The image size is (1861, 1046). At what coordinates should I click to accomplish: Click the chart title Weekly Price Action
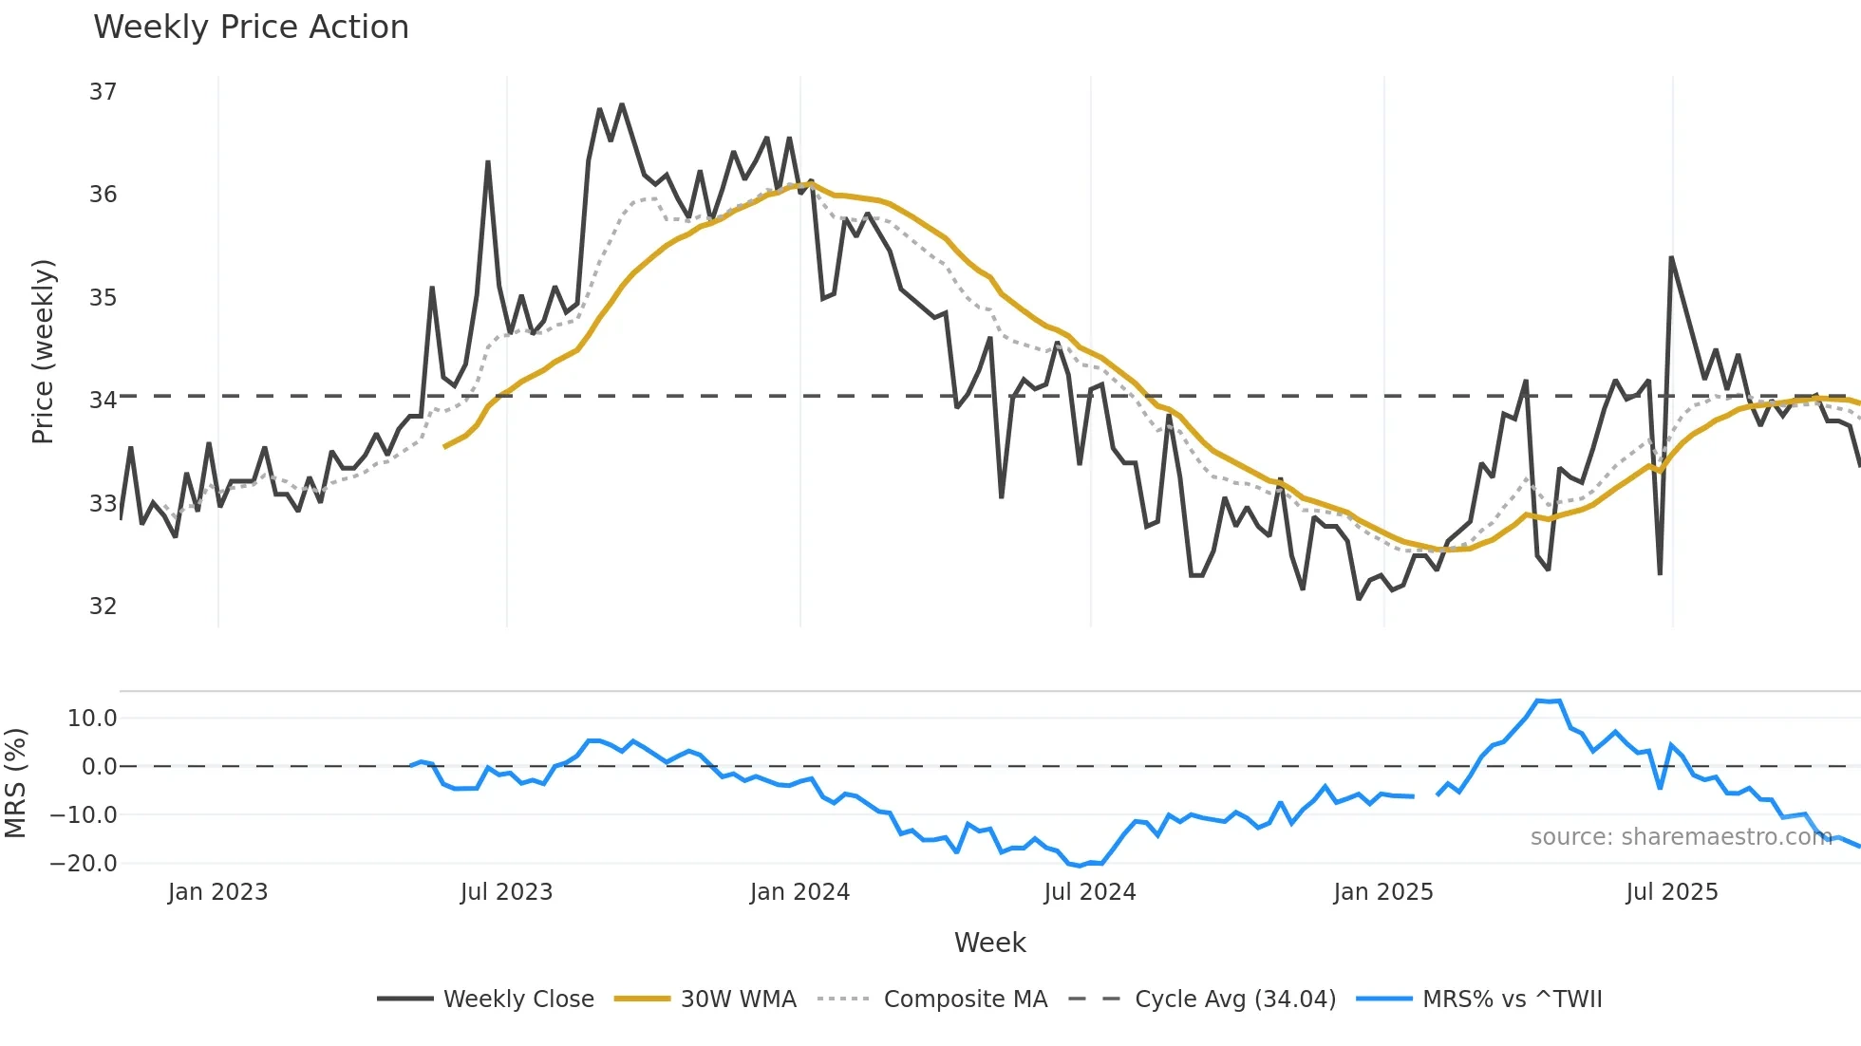[x=251, y=28]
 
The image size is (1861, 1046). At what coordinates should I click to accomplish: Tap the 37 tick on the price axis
[x=103, y=92]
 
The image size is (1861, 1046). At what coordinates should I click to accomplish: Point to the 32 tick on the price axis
[x=103, y=606]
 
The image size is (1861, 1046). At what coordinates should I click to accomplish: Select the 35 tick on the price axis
[x=103, y=298]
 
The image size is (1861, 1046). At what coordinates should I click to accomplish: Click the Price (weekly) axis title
[x=43, y=351]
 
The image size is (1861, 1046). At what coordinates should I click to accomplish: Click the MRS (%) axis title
[x=15, y=783]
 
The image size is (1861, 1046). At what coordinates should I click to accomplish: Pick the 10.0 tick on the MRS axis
[x=92, y=719]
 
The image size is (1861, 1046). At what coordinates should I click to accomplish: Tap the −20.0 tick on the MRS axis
[x=84, y=864]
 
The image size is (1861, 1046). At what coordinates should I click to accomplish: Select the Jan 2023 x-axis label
[x=217, y=892]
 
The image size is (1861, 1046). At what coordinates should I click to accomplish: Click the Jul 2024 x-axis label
[x=1089, y=892]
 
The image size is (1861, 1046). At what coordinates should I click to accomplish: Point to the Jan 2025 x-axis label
[x=1382, y=892]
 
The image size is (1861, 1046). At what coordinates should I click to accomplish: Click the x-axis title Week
[x=989, y=943]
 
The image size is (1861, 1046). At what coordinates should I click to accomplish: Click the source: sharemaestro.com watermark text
[x=1681, y=837]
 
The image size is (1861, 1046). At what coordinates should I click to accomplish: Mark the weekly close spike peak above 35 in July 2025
[x=1671, y=257]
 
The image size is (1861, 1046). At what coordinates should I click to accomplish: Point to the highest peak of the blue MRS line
[x=1537, y=701]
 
